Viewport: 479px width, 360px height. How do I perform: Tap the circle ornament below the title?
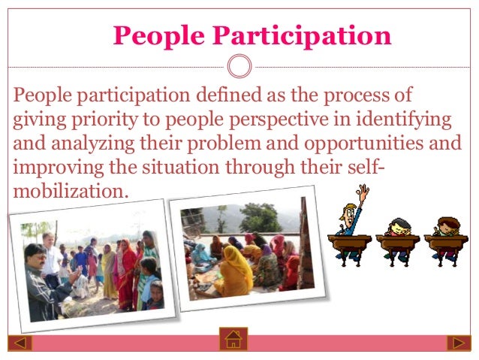tap(239, 68)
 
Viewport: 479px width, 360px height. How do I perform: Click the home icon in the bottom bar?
tap(233, 340)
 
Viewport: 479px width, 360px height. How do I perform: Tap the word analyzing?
tap(83, 144)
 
